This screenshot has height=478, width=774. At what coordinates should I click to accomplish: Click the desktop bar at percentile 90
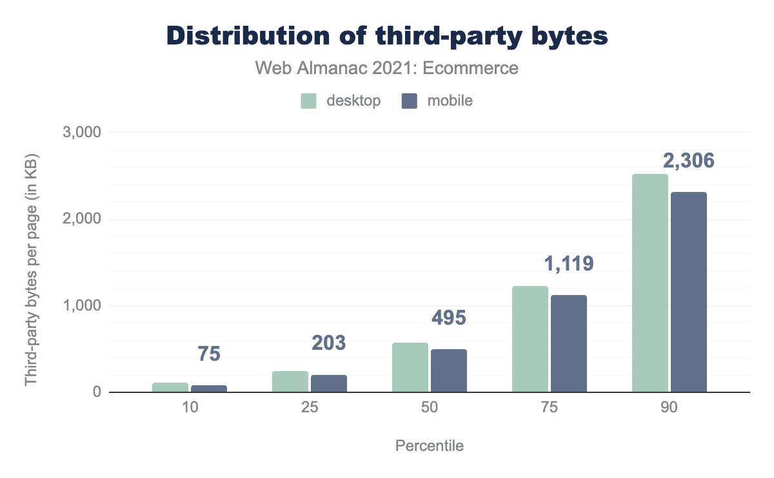click(x=650, y=283)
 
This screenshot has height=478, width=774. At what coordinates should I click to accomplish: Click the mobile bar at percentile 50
click(x=448, y=370)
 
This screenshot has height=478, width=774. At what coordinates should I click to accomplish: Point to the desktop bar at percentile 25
click(x=290, y=381)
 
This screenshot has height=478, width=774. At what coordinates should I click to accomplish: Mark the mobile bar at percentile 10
click(x=208, y=388)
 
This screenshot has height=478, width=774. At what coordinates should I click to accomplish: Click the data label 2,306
click(x=688, y=160)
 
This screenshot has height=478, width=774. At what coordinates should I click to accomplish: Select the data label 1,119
click(x=568, y=263)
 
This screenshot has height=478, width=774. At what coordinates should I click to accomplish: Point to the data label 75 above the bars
click(x=209, y=354)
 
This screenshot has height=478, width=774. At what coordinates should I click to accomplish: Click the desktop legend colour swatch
click(x=309, y=101)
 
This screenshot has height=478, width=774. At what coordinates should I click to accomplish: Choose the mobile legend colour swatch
click(x=410, y=101)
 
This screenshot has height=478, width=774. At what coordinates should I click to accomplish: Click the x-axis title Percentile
click(x=429, y=446)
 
